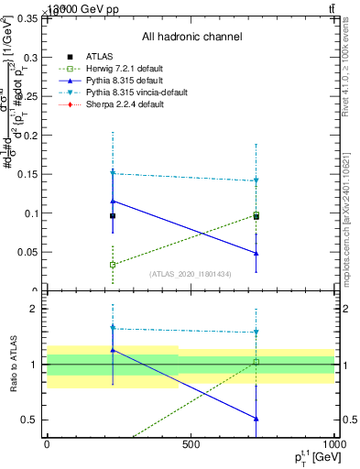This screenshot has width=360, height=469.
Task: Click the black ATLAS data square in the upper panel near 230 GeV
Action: [113, 216]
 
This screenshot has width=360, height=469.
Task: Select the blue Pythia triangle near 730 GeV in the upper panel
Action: [256, 253]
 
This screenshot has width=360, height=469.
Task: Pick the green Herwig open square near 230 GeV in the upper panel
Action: [113, 265]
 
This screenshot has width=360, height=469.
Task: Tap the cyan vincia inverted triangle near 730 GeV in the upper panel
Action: [256, 181]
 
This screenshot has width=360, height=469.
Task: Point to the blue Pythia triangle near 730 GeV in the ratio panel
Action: [256, 419]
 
